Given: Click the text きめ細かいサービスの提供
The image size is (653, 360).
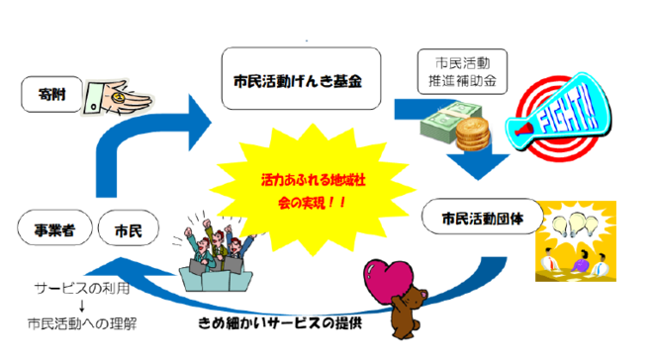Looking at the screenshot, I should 282,322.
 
